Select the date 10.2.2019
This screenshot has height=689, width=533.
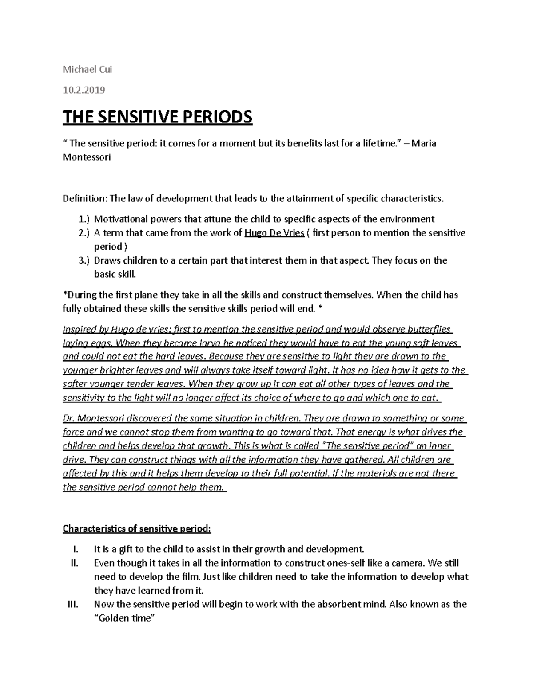(x=84, y=90)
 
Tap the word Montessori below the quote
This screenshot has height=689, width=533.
(x=87, y=157)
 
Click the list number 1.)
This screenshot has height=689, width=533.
(x=84, y=219)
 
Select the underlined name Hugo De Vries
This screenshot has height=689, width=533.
(x=274, y=233)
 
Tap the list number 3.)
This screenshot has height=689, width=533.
(x=84, y=260)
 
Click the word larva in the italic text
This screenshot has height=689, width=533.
(x=209, y=343)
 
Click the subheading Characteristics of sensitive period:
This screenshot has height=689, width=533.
(x=137, y=528)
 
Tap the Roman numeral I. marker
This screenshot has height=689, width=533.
(x=75, y=549)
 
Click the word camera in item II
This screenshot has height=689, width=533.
(x=409, y=563)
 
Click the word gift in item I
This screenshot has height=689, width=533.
(x=126, y=549)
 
